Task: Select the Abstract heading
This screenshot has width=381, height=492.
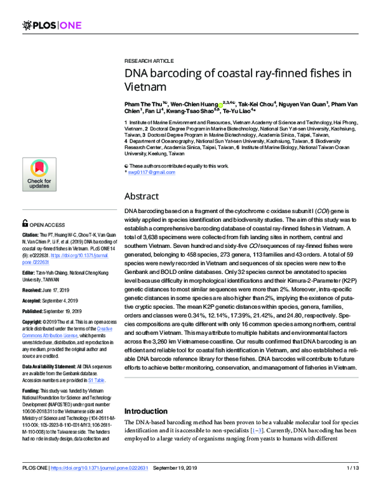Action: pyautogui.click(x=145, y=196)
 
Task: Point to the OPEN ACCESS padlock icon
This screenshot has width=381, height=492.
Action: pyautogui.click(x=25, y=223)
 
